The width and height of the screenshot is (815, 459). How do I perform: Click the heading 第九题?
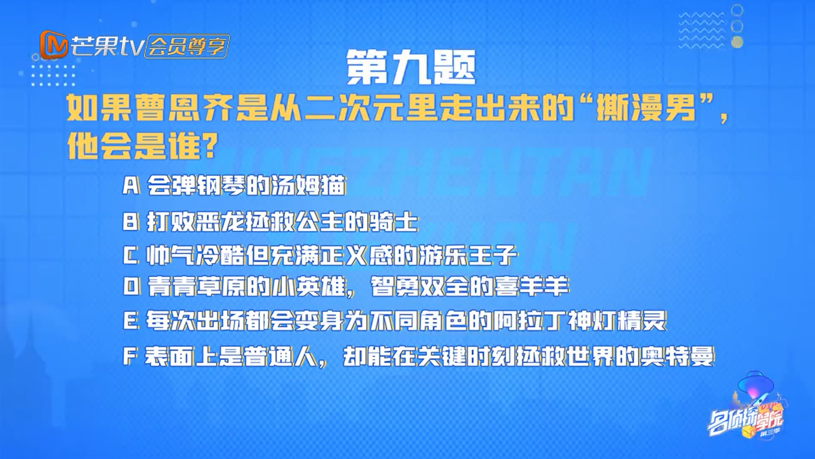411,67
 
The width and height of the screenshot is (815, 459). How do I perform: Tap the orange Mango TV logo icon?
53,45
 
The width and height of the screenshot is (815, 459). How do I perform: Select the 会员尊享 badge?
187,46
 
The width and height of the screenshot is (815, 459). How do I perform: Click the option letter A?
131,186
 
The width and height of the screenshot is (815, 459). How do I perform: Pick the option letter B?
131,221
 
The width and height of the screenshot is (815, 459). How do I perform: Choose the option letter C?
131,255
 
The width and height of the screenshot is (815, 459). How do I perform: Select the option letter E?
131,321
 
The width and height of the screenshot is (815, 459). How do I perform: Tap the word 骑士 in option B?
394,221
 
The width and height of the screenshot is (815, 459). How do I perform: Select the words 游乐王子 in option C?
468,255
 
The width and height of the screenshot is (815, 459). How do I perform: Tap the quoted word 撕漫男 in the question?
646,108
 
